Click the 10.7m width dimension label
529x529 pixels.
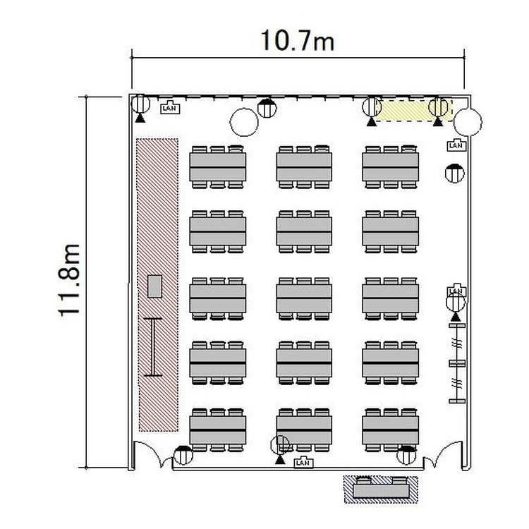click(298, 40)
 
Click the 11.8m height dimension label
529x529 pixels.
click(70, 280)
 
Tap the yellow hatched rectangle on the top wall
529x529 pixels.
click(413, 110)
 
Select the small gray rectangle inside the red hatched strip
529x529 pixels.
click(155, 286)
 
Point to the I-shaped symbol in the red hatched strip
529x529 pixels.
click(153, 347)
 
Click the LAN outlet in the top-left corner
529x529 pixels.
click(170, 107)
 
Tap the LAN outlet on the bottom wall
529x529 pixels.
click(303, 462)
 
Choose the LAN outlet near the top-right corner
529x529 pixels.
click(456, 145)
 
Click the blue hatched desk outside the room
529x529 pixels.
click(381, 490)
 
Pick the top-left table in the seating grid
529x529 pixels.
click(218, 167)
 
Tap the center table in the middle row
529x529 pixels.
click(304, 298)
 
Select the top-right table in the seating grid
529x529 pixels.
click(390, 167)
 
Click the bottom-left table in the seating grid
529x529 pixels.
click(218, 430)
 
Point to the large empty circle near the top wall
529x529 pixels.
click(244, 122)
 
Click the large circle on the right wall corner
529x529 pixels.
click(468, 122)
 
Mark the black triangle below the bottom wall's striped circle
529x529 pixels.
click(280, 460)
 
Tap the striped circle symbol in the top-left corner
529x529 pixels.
click(140, 104)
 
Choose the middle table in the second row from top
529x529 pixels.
click(304, 232)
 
